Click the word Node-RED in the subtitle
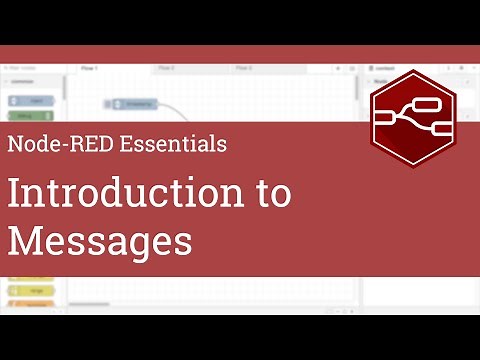61,143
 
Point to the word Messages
99,241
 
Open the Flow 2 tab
166,68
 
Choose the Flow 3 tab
244,68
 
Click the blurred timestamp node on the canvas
135,103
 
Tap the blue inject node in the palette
31,101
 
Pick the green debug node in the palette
31,116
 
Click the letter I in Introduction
14,192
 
